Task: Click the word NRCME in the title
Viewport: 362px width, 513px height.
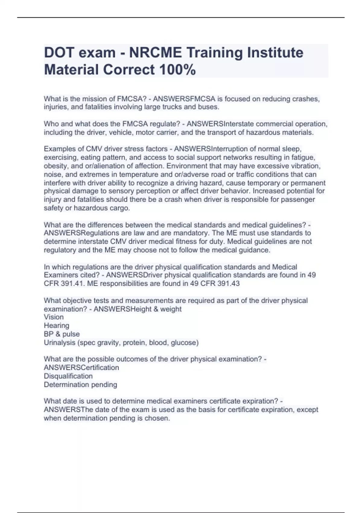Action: click(x=155, y=53)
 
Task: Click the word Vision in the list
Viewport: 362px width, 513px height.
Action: click(x=54, y=317)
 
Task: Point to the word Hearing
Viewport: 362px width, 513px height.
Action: click(x=56, y=326)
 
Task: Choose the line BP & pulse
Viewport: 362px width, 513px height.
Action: click(x=62, y=334)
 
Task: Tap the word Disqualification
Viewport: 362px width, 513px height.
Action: click(x=68, y=376)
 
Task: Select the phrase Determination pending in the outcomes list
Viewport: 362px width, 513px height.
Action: click(x=80, y=385)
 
